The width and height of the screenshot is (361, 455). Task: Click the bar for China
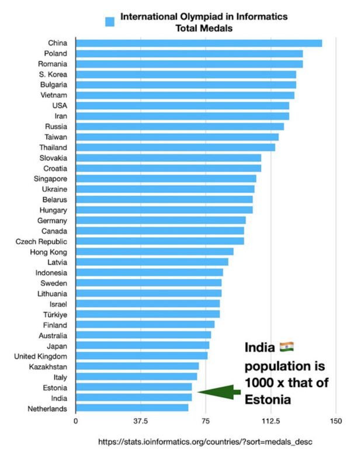199,43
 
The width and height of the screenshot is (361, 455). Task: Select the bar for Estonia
134,387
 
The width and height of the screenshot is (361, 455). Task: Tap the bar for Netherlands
132,408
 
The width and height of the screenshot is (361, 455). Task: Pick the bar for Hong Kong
154,252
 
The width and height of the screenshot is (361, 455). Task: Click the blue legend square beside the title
109,22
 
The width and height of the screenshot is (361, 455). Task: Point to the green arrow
218,391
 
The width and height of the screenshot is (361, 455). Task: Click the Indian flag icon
287,347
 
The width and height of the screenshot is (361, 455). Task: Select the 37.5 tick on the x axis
141,421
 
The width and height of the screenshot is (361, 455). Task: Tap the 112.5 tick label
270,421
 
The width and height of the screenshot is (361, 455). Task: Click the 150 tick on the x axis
335,421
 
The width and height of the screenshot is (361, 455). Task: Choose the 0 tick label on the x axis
76,421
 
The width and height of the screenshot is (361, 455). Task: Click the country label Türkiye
54,314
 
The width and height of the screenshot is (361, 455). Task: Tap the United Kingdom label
40,356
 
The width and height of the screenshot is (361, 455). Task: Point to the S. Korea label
53,74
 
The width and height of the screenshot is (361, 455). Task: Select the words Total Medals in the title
204,27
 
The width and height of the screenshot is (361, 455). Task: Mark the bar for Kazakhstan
137,366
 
